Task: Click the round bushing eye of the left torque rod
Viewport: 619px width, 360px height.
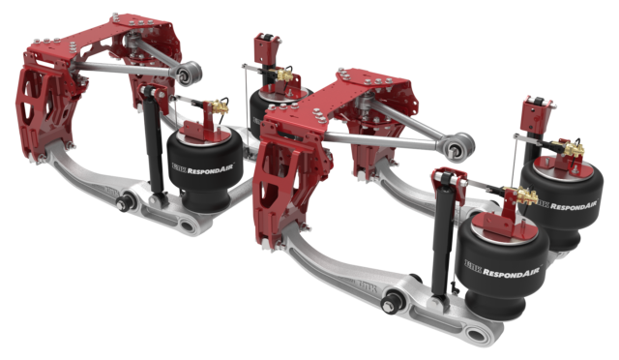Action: (192, 72)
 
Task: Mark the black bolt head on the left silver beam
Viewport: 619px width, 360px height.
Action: (126, 204)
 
